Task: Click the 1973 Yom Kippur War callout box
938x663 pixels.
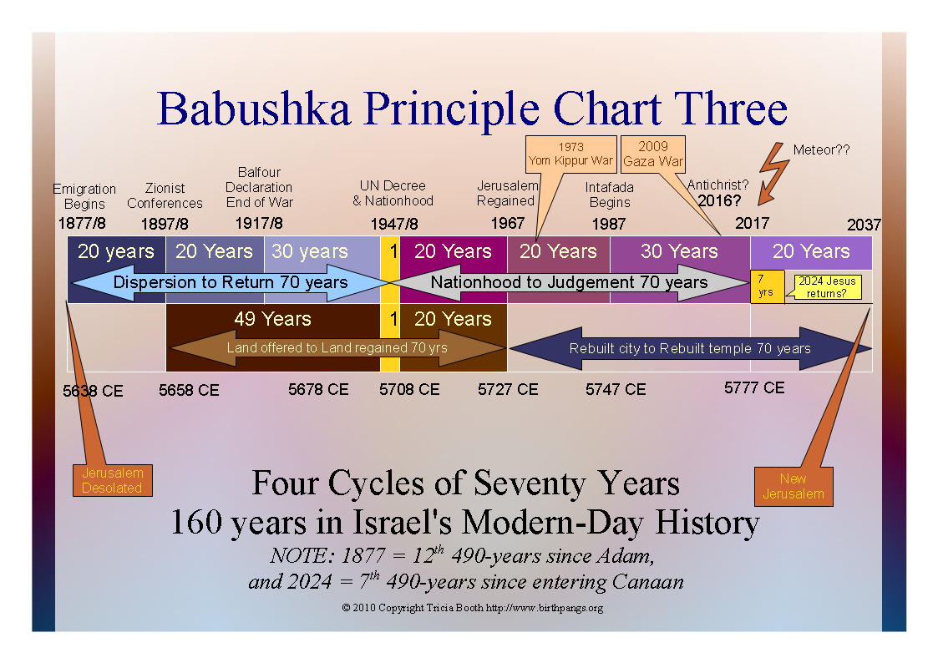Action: pyautogui.click(x=570, y=154)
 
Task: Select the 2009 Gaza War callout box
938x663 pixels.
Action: pyautogui.click(x=652, y=154)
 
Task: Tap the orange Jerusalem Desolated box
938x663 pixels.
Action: pyautogui.click(x=113, y=480)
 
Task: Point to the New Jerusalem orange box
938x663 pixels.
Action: pyautogui.click(x=793, y=487)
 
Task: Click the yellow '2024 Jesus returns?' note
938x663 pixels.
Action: pyautogui.click(x=828, y=287)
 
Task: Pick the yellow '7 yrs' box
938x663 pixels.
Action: pyautogui.click(x=767, y=286)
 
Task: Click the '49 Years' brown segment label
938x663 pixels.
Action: pyautogui.click(x=273, y=319)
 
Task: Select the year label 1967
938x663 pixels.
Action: pyautogui.click(x=507, y=224)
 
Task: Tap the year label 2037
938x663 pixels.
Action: pyautogui.click(x=864, y=225)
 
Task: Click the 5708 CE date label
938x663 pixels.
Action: pyautogui.click(x=409, y=390)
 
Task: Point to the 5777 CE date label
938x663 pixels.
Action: pyautogui.click(x=754, y=388)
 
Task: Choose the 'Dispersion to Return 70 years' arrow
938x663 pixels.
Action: pyautogui.click(x=231, y=283)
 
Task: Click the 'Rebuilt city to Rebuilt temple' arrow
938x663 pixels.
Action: pyautogui.click(x=689, y=348)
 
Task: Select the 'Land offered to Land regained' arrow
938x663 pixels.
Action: pyautogui.click(x=337, y=347)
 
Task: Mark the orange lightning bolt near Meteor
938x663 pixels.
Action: pyautogui.click(x=773, y=174)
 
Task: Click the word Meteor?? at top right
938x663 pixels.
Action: pyautogui.click(x=821, y=149)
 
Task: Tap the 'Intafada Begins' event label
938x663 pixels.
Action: pyautogui.click(x=610, y=195)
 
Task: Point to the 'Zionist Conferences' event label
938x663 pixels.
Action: pyautogui.click(x=165, y=195)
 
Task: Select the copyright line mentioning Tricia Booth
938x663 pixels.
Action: pyautogui.click(x=473, y=608)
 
